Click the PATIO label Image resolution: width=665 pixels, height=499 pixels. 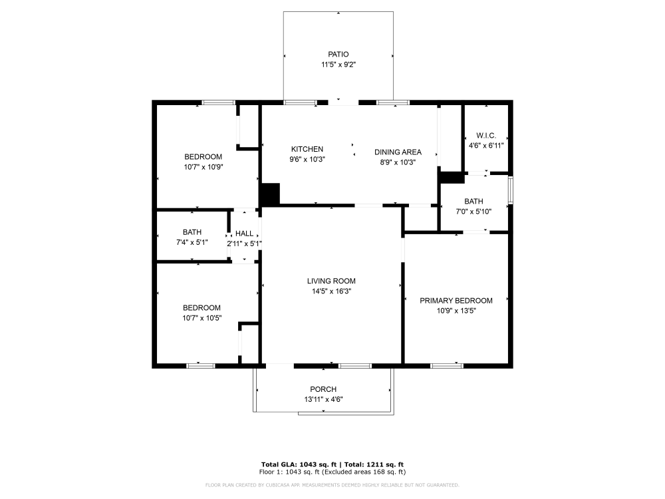pyautogui.click(x=338, y=54)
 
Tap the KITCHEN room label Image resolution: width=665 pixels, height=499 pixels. pyautogui.click(x=307, y=150)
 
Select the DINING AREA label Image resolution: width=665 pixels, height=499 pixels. pyautogui.click(x=398, y=152)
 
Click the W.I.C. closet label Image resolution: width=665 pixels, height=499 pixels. pyautogui.click(x=487, y=135)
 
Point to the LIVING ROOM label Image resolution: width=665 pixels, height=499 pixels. pyautogui.click(x=331, y=281)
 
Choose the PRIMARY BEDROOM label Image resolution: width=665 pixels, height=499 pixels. pyautogui.click(x=456, y=301)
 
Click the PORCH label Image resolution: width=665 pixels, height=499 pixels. pyautogui.click(x=323, y=389)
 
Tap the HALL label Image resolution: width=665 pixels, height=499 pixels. pyautogui.click(x=244, y=234)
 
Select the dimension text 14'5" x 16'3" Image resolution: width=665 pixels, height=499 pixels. pyautogui.click(x=331, y=291)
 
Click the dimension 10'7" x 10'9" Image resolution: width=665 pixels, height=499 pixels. pyautogui.click(x=203, y=167)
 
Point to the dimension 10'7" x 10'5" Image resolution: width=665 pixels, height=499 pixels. pyautogui.click(x=202, y=318)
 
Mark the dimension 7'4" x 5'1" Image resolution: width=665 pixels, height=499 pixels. pyautogui.click(x=192, y=242)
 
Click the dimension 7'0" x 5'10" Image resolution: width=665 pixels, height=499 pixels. pyautogui.click(x=473, y=212)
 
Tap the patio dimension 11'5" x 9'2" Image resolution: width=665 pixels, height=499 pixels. pyautogui.click(x=338, y=65)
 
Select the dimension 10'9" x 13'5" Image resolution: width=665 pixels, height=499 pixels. pyautogui.click(x=456, y=311)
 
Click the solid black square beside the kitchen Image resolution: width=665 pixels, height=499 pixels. pyautogui.click(x=269, y=194)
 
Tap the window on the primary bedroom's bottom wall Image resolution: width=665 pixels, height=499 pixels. pyautogui.click(x=447, y=365)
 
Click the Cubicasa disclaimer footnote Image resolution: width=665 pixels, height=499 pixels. pyautogui.click(x=332, y=485)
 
